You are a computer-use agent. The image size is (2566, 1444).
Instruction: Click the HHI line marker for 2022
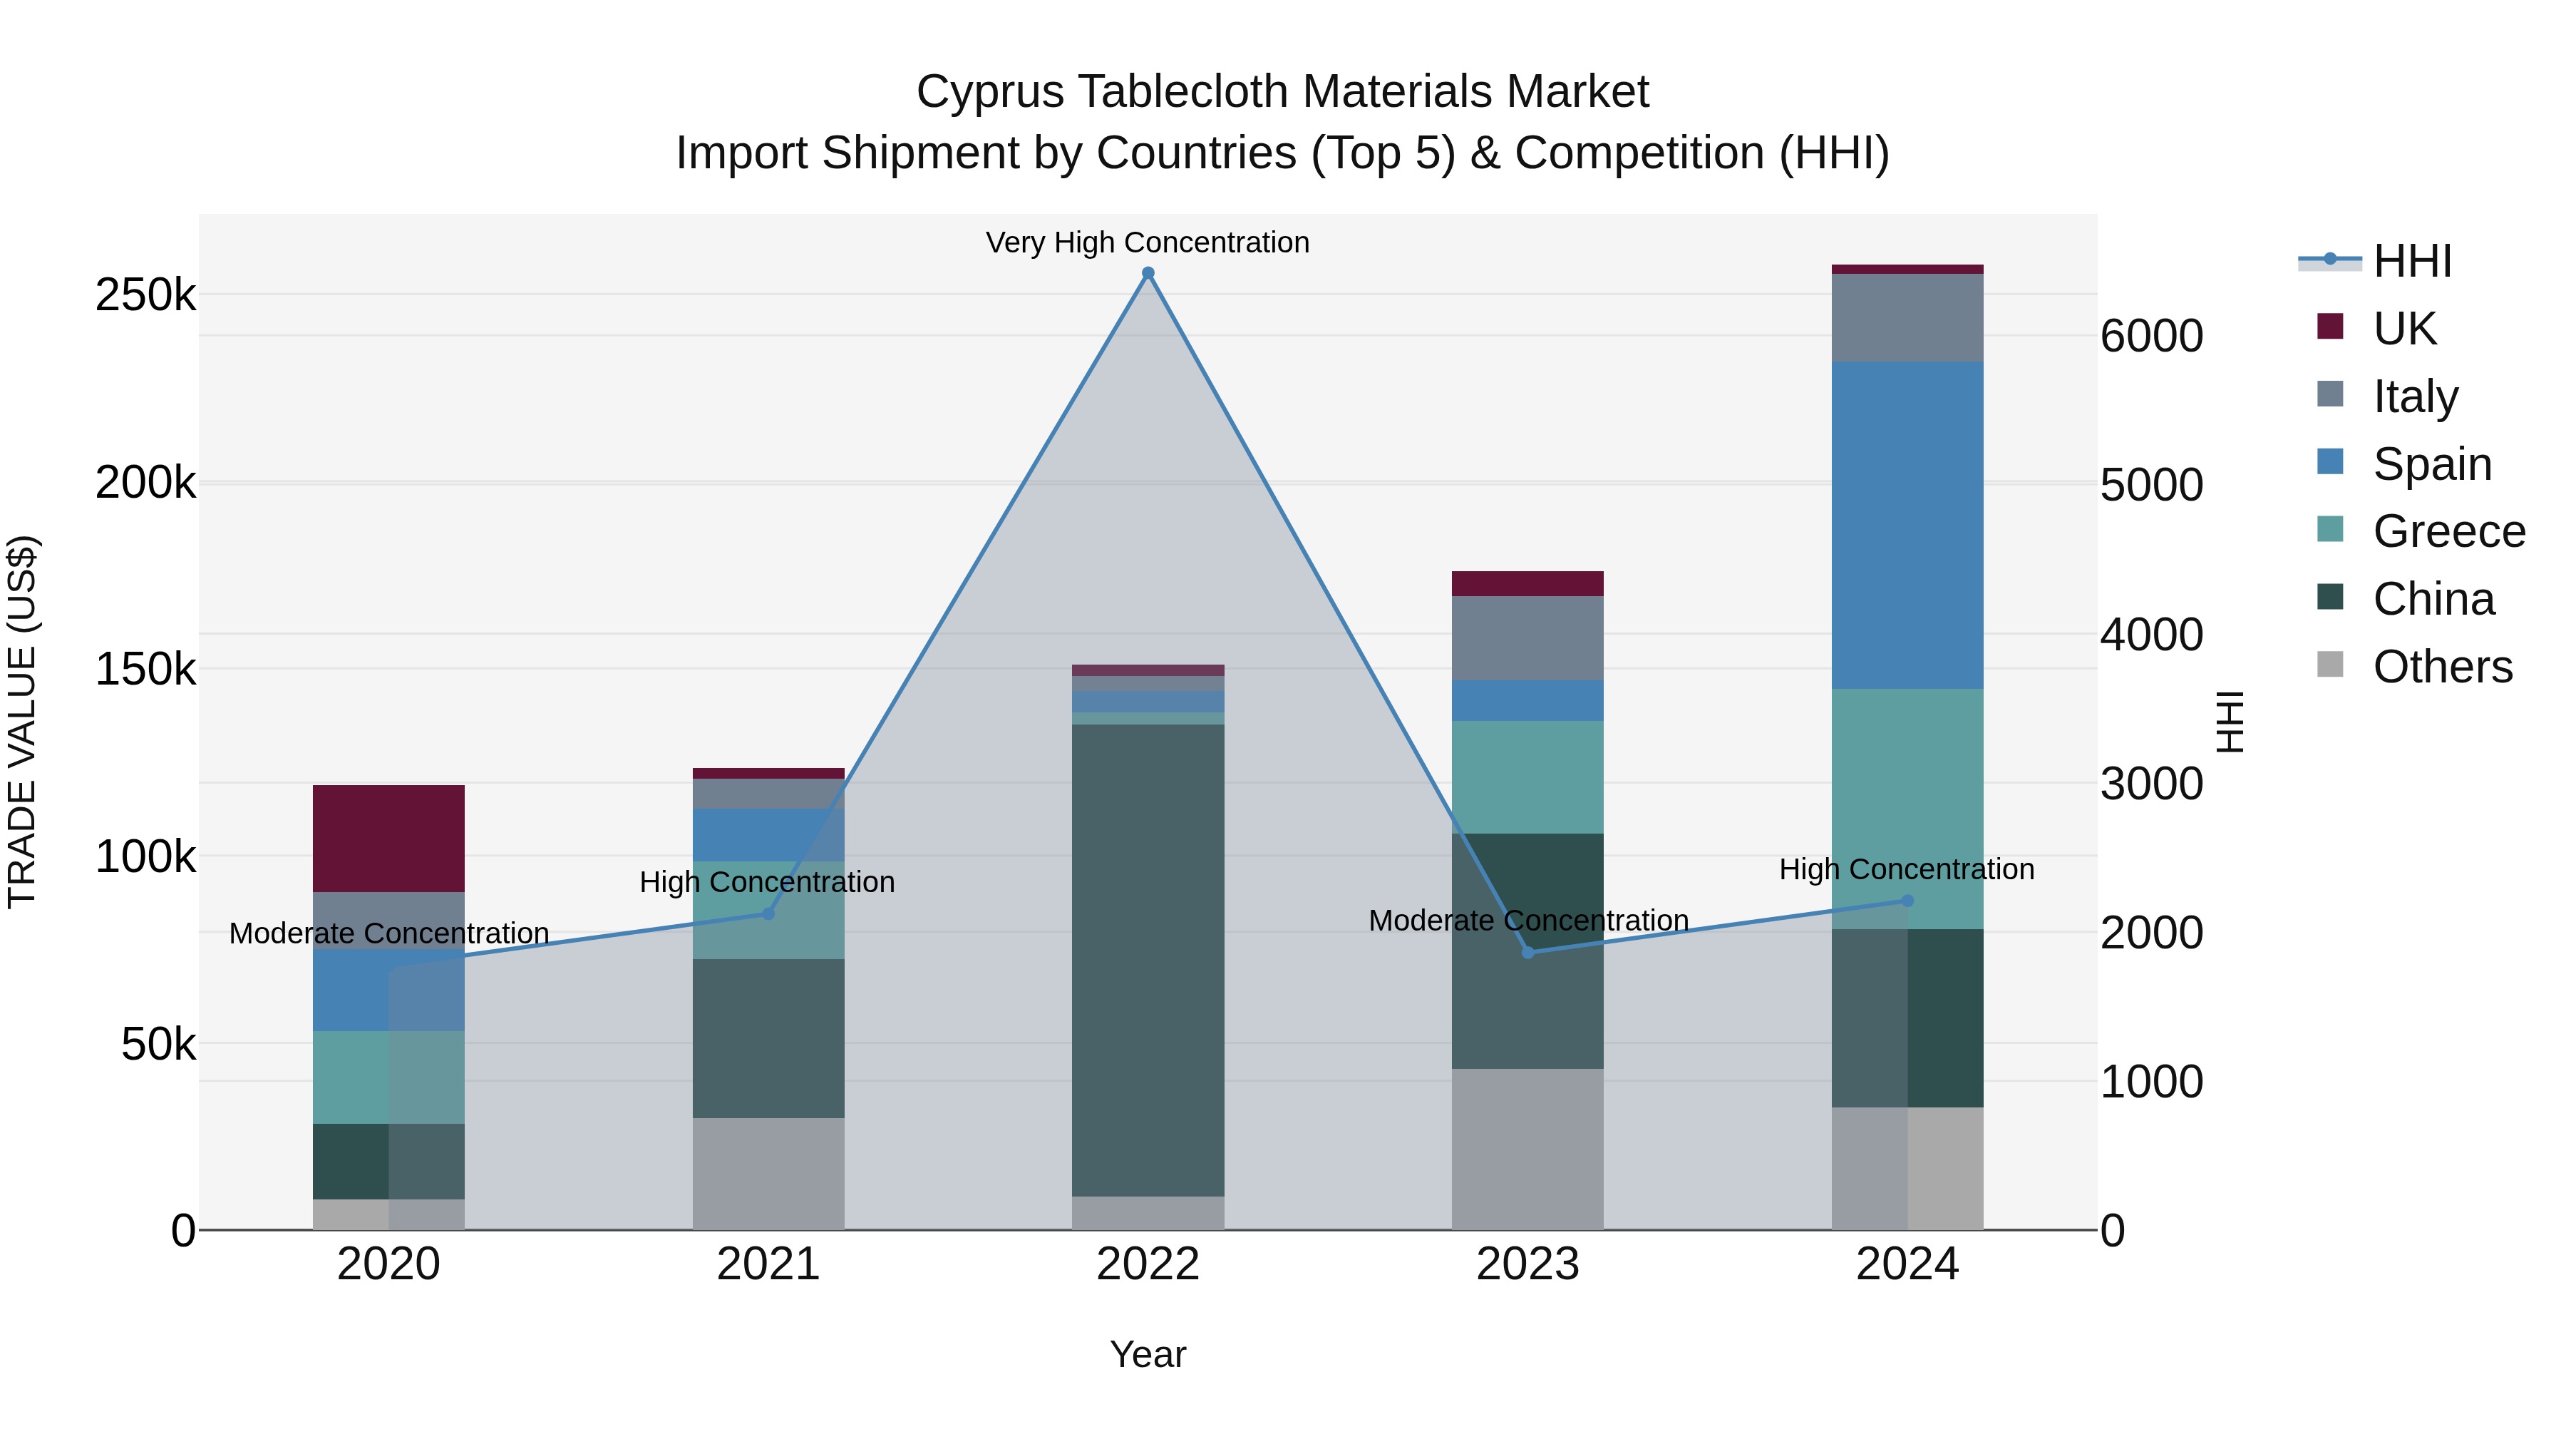pyautogui.click(x=1148, y=273)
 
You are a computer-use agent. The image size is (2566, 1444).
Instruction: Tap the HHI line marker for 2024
pyautogui.click(x=1907, y=901)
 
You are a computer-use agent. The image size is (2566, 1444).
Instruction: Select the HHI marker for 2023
pyautogui.click(x=1528, y=953)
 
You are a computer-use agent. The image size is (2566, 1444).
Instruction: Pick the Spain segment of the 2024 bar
pyautogui.click(x=1907, y=525)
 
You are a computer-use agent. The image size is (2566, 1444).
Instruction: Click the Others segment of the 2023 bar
pyautogui.click(x=1528, y=1149)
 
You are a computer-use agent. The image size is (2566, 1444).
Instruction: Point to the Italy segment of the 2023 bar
pyautogui.click(x=1528, y=637)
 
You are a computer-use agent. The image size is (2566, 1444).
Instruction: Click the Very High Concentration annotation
pyautogui.click(x=1148, y=242)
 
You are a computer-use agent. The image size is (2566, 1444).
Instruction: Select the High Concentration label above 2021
pyautogui.click(x=767, y=882)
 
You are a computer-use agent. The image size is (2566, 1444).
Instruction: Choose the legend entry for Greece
pyautogui.click(x=2448, y=531)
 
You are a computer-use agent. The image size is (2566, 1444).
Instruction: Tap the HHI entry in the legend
pyautogui.click(x=2411, y=261)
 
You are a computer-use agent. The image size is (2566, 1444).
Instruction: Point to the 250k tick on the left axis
pyautogui.click(x=145, y=295)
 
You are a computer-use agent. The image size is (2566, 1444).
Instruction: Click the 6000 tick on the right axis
pyautogui.click(x=2152, y=336)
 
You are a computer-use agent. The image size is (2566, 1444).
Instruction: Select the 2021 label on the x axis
pyautogui.click(x=768, y=1264)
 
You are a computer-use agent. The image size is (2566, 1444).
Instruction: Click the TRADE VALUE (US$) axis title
pyautogui.click(x=22, y=722)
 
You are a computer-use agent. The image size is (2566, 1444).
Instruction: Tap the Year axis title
pyautogui.click(x=1148, y=1354)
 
